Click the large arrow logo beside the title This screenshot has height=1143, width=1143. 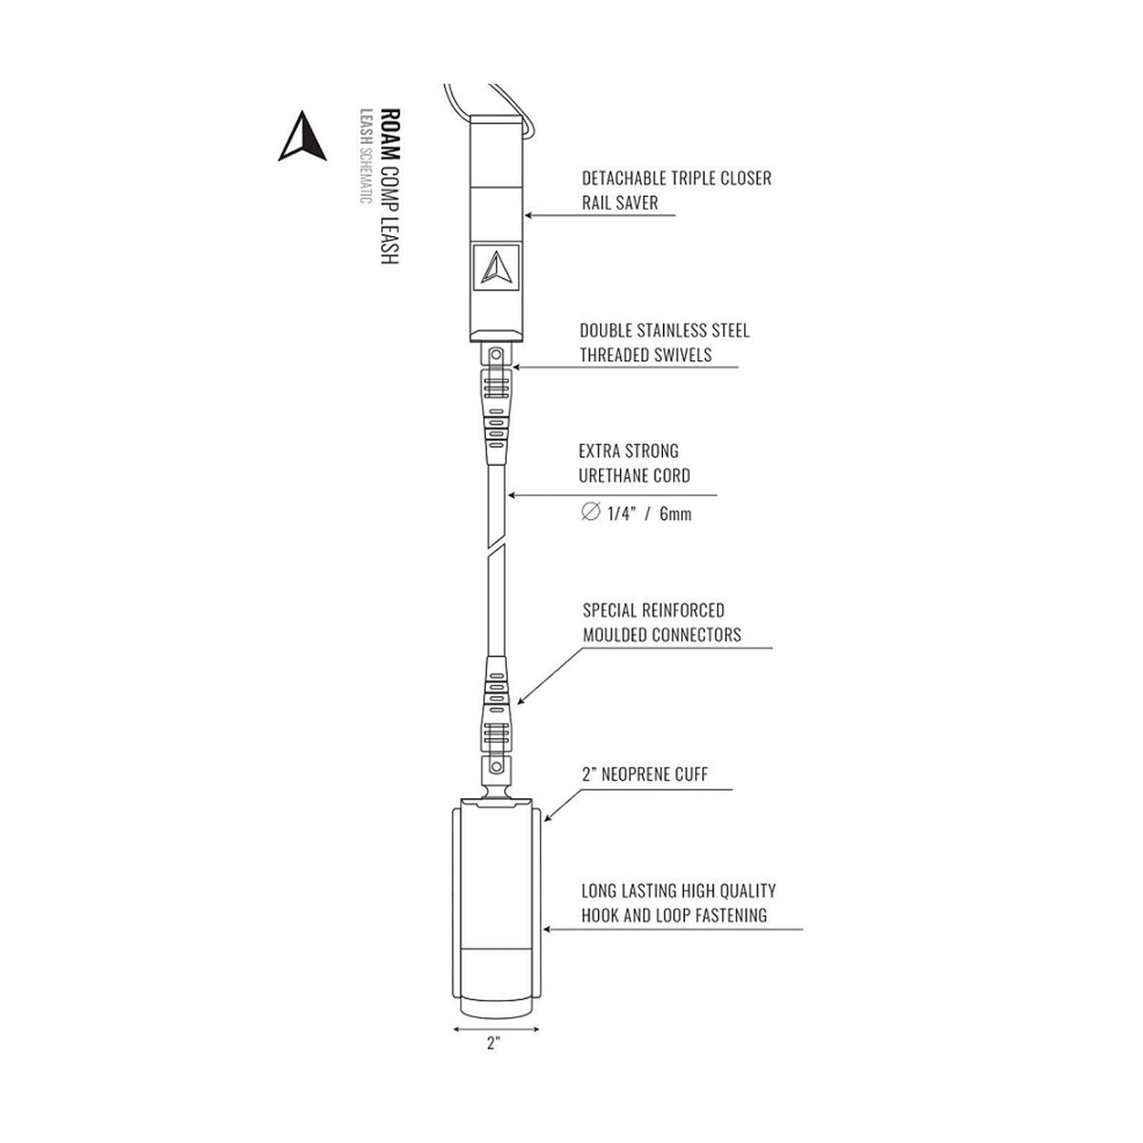coord(302,136)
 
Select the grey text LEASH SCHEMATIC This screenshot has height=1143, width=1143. coord(366,156)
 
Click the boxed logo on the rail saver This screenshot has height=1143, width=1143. coord(496,267)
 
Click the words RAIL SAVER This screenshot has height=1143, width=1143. coord(620,203)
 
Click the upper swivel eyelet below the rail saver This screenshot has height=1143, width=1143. coord(496,354)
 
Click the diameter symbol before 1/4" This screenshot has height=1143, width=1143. coord(591,511)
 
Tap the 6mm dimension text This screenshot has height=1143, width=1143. coord(675,513)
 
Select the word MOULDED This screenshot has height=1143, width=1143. coord(614,634)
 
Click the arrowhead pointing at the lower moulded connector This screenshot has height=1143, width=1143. coord(521,700)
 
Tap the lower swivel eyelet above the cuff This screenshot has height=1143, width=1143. coord(496,767)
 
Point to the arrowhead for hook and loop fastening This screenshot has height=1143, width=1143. coord(549,930)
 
